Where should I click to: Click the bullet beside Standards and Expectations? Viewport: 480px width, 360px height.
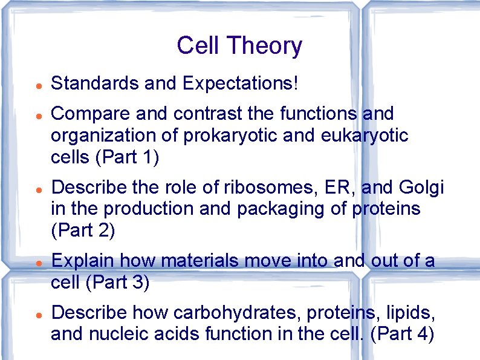37,83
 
